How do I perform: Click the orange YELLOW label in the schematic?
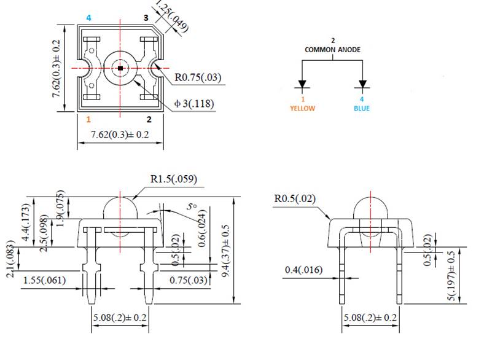point(302,108)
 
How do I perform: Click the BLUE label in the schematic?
point(362,108)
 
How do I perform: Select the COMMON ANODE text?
point(333,49)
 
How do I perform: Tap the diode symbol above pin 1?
point(302,84)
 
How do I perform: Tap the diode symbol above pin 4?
point(362,84)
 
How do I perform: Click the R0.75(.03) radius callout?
point(198,77)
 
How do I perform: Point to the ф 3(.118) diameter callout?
point(194,103)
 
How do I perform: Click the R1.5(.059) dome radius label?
point(174,179)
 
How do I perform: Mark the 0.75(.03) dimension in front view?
point(188,280)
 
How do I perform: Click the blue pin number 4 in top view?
point(88,18)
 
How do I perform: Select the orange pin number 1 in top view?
point(88,119)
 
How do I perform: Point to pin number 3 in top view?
point(146,18)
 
